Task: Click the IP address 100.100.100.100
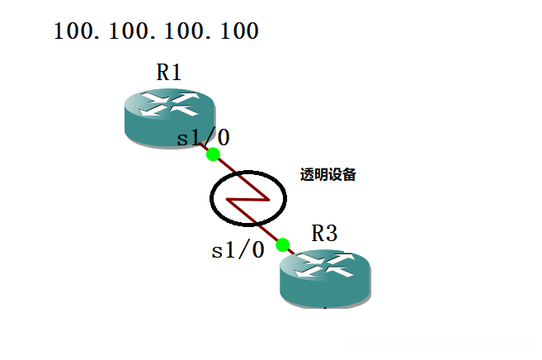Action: click(x=157, y=32)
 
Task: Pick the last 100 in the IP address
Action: click(x=239, y=32)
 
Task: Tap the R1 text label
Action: click(x=169, y=73)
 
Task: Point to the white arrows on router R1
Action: click(x=169, y=106)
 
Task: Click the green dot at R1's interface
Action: click(x=213, y=154)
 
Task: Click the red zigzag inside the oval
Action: click(x=247, y=199)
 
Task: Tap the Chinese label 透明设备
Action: click(x=328, y=175)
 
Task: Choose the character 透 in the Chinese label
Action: click(x=308, y=175)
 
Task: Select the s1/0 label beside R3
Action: click(x=238, y=250)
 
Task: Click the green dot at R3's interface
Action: click(x=282, y=244)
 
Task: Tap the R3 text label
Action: click(x=324, y=234)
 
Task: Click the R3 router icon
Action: click(x=325, y=278)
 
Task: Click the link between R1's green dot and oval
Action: click(x=223, y=163)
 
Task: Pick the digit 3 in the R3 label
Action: click(x=331, y=234)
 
